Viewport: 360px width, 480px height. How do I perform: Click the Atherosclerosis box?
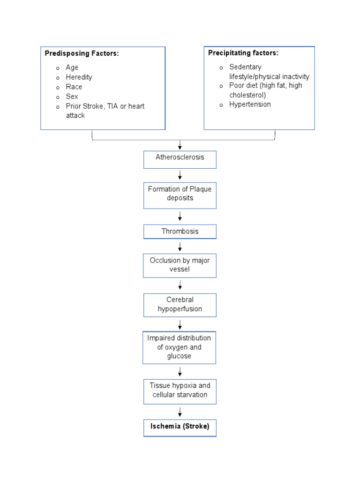(180, 159)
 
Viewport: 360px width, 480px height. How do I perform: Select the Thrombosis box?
(180, 232)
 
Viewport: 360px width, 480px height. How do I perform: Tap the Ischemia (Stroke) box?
(180, 427)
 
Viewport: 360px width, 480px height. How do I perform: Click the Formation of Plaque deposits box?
(180, 195)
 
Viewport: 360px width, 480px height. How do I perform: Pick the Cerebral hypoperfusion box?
(180, 305)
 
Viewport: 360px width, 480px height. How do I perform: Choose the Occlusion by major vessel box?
(180, 265)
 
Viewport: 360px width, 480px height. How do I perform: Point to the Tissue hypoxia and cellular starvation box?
(180, 391)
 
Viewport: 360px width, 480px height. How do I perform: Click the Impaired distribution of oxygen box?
(179, 347)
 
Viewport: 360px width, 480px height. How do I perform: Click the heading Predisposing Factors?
(82, 53)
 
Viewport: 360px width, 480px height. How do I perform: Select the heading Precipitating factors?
(243, 53)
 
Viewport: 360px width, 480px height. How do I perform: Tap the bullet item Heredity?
(79, 77)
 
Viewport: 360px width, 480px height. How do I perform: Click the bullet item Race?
(74, 87)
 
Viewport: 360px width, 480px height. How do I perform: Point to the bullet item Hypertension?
(250, 105)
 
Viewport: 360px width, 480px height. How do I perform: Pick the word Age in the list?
(72, 67)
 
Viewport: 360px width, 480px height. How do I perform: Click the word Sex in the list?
(72, 97)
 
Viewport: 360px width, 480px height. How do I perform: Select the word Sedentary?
(245, 67)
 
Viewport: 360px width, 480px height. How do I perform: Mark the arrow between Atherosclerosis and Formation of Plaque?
(180, 175)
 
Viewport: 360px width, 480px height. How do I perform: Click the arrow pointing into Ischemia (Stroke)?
(180, 412)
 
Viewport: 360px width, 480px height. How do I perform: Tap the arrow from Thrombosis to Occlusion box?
(180, 247)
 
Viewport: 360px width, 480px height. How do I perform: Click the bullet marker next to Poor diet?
(221, 86)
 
